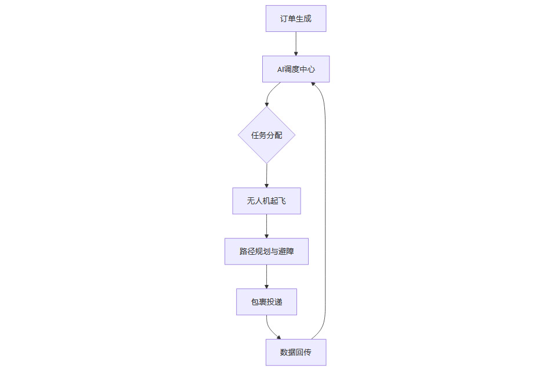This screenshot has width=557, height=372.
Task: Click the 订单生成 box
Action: point(296,19)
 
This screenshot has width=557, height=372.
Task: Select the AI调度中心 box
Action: point(296,69)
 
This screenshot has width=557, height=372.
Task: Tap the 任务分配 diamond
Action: point(267,135)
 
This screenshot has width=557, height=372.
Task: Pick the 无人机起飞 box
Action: point(267,201)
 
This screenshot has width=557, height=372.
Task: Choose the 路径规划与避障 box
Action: point(267,251)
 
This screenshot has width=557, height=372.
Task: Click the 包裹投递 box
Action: point(267,302)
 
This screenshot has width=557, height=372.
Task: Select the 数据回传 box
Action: point(296,352)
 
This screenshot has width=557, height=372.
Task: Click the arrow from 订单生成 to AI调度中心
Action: point(296,44)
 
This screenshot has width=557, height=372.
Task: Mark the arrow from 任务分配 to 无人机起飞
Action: point(267,175)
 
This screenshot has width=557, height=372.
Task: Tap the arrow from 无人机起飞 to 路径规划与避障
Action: point(267,226)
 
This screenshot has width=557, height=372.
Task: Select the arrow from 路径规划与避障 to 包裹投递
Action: point(267,276)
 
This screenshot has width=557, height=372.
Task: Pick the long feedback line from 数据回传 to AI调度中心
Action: point(325,209)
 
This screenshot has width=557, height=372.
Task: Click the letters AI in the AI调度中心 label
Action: point(281,69)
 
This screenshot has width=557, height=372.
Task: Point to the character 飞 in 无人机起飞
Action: point(282,201)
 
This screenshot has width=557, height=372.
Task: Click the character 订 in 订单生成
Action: point(284,19)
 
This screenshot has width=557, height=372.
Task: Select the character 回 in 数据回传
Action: point(299,352)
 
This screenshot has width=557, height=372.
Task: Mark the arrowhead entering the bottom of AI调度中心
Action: point(314,85)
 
